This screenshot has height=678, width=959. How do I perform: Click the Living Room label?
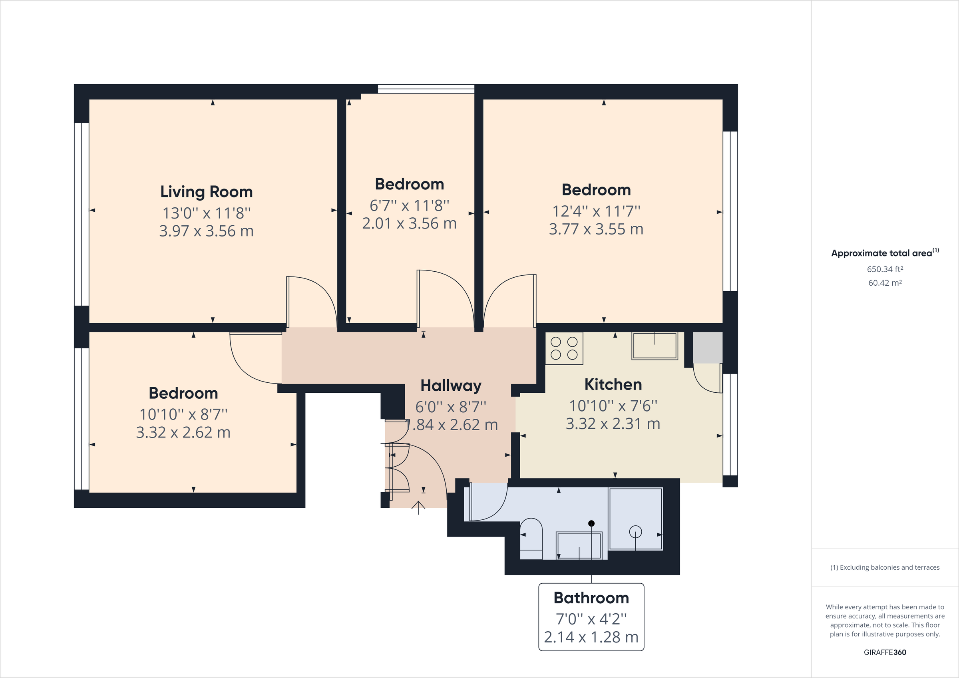click(x=206, y=192)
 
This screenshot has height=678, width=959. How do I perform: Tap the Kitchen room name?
click(x=613, y=384)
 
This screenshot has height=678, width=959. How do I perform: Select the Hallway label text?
click(x=451, y=385)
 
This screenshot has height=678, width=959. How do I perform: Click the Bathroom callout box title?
click(x=591, y=598)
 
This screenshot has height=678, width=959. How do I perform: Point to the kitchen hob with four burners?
click(x=564, y=348)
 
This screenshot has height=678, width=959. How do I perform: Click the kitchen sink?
click(x=655, y=346)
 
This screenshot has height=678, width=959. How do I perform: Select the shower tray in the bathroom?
click(x=635, y=519)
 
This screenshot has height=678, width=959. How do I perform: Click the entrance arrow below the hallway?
click(x=418, y=507)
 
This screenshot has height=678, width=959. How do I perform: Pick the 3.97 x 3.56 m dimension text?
click(x=206, y=231)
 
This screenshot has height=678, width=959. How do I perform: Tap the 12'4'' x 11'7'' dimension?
click(x=596, y=211)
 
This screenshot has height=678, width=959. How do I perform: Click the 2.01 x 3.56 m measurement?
click(x=409, y=223)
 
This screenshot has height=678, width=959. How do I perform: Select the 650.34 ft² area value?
click(x=885, y=269)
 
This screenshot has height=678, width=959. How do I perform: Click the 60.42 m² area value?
click(x=885, y=283)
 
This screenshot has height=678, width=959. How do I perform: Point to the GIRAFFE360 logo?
click(x=885, y=652)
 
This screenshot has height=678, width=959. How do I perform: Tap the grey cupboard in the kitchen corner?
click(x=708, y=348)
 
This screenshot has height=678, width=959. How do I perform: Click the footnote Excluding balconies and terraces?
click(x=885, y=567)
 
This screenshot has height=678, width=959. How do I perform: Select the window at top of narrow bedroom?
click(x=426, y=89)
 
